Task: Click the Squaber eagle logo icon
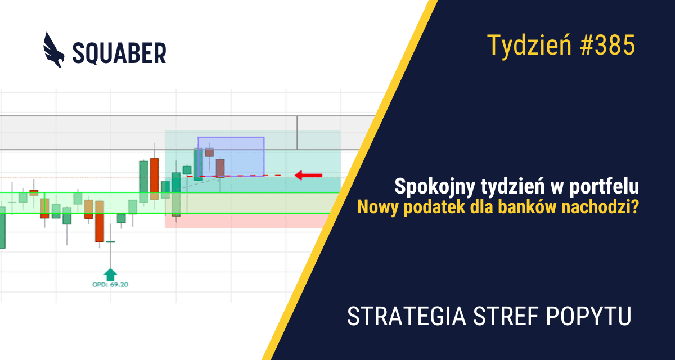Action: tap(54, 49)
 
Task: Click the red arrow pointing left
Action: tap(309, 175)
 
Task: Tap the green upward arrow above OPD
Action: tap(111, 274)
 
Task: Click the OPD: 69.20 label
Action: tap(110, 285)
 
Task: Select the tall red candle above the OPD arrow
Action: tap(100, 220)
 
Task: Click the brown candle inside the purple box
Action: tap(220, 168)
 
